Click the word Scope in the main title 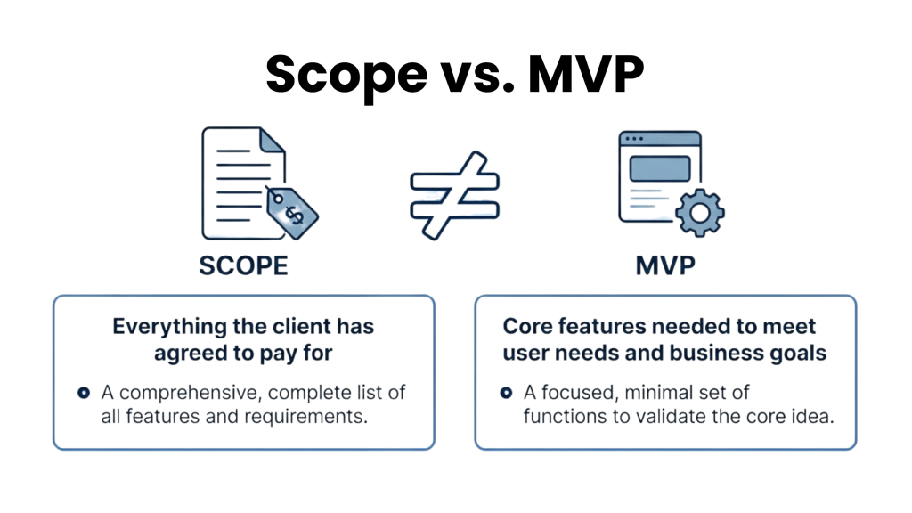[x=346, y=76]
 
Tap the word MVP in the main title [x=586, y=74]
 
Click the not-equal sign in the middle [x=455, y=195]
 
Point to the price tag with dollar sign [x=291, y=212]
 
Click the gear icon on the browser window [x=700, y=213]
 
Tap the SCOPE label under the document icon [x=243, y=265]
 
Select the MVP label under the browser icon [x=664, y=265]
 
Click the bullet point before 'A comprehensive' [x=84, y=393]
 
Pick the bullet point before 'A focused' [x=506, y=393]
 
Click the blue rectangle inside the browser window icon [x=660, y=168]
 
